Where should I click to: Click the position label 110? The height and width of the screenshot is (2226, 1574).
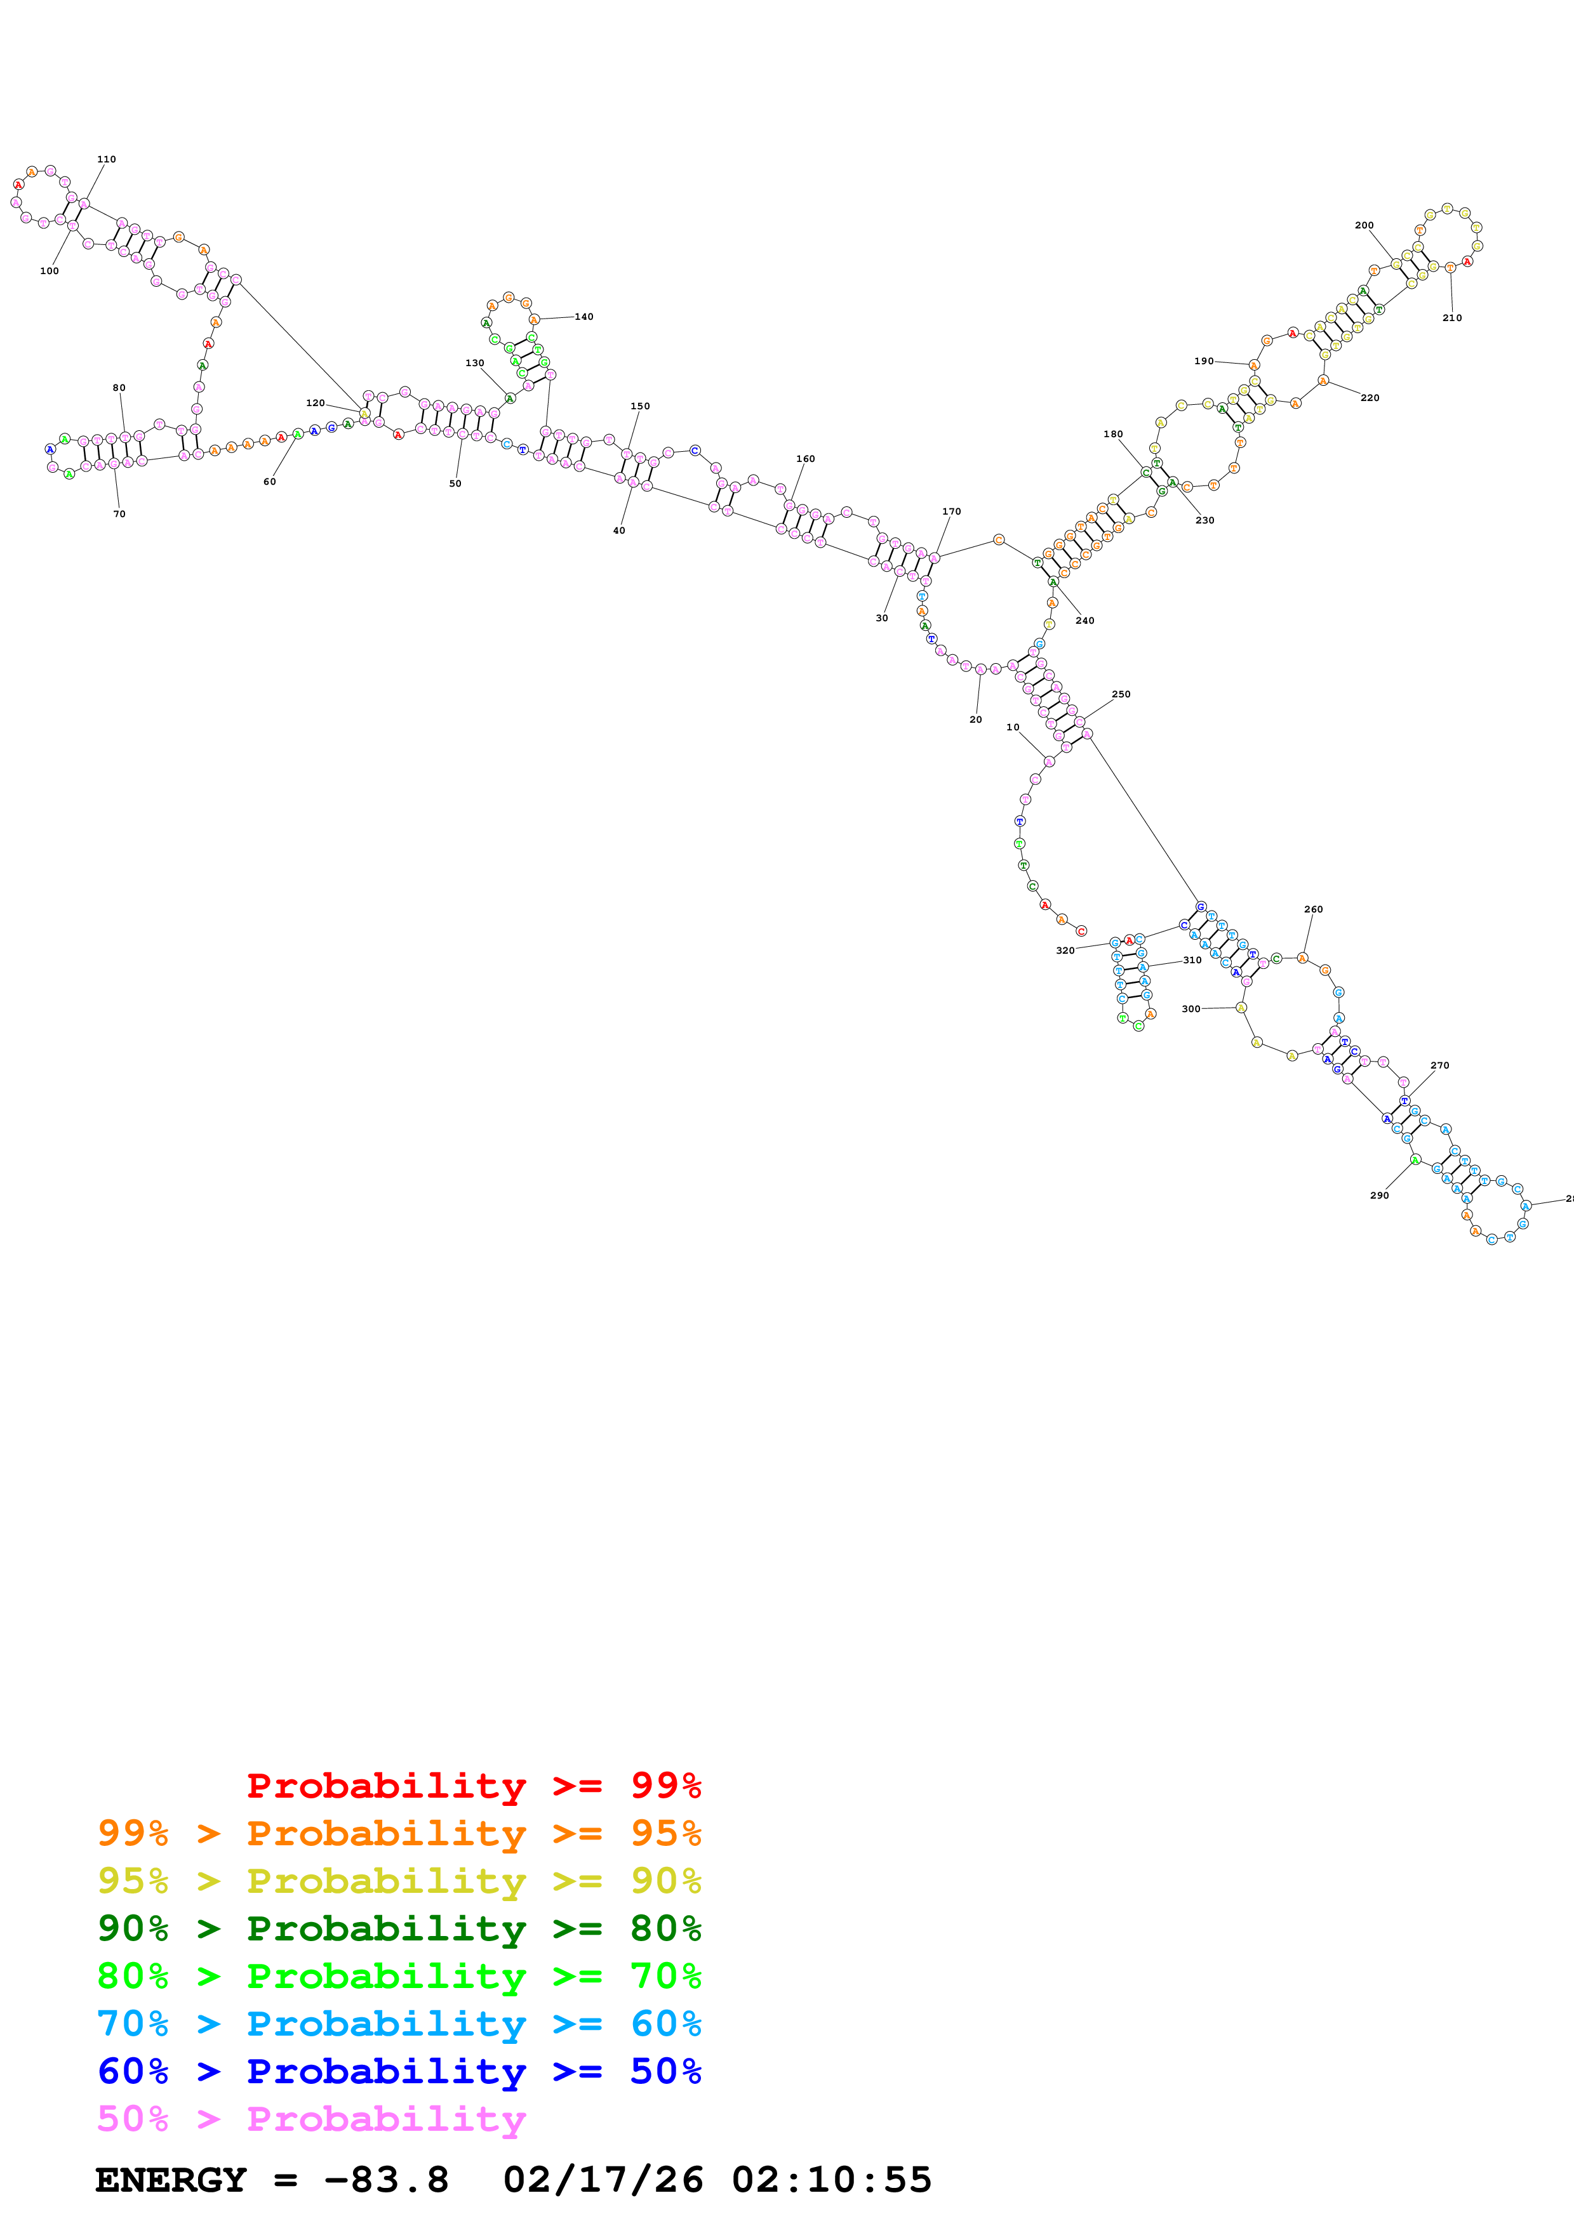[x=107, y=159]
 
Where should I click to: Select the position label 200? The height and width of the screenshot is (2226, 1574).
[x=1364, y=225]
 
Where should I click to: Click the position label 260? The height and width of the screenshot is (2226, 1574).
[x=1312, y=909]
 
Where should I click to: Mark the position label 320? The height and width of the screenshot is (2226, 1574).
[x=1064, y=951]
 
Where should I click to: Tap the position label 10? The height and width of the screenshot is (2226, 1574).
[x=1013, y=727]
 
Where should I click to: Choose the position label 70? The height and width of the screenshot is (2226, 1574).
[x=119, y=514]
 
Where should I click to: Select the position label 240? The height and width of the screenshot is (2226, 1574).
[x=1084, y=621]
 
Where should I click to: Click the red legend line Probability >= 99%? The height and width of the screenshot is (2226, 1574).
[x=473, y=1786]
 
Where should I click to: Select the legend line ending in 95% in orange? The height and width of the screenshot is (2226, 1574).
[x=399, y=1833]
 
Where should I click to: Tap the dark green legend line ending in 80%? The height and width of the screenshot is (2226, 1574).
[x=399, y=1928]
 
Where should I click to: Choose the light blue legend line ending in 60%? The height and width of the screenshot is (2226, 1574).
[x=399, y=2024]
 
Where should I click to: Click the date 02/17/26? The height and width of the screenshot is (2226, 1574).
[x=603, y=2180]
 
